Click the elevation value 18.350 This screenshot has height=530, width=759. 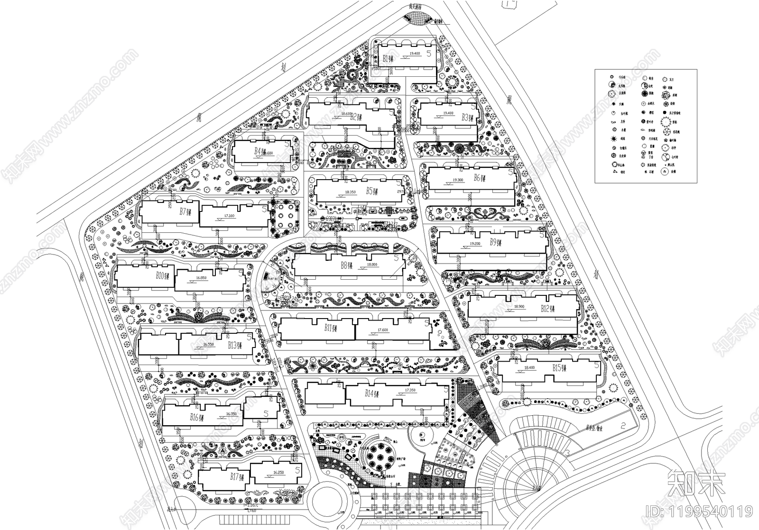tap(350, 192)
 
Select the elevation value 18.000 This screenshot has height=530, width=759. tap(372, 265)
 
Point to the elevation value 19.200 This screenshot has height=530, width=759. tap(475, 244)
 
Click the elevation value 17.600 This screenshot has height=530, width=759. tap(382, 330)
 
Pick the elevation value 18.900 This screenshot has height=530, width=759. tap(519, 307)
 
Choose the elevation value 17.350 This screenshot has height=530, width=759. tap(410, 390)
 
